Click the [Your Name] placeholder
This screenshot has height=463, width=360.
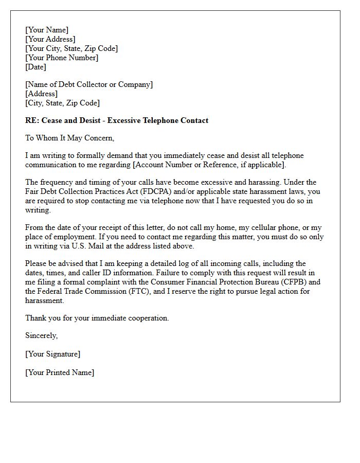(x=47, y=30)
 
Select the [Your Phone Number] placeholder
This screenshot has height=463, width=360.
(x=62, y=58)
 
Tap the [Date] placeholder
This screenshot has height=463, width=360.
(x=35, y=67)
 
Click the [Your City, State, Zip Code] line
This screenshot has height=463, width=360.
(x=71, y=48)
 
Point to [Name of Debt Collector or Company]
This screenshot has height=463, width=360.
(x=89, y=84)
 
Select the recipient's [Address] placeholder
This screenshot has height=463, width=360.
(x=41, y=94)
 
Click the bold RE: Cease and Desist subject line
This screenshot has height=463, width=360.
(x=117, y=120)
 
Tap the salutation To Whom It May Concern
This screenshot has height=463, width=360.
(x=69, y=138)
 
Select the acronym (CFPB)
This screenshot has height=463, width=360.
(x=293, y=282)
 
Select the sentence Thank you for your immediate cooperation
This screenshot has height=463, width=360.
(x=97, y=318)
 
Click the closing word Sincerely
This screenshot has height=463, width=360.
(x=42, y=335)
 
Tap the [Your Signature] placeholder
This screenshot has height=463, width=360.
(x=53, y=354)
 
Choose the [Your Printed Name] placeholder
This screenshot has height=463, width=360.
(x=60, y=372)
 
